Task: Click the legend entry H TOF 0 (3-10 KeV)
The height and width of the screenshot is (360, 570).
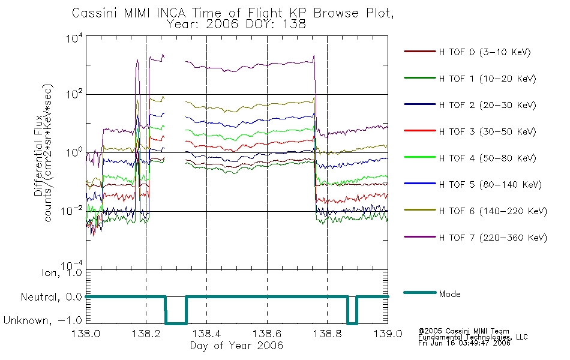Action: point(485,52)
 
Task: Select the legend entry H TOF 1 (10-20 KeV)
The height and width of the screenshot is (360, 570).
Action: point(487,79)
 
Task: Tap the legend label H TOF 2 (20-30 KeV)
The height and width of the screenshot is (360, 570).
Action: point(487,105)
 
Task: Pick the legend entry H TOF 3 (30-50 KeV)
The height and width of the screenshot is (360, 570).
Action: point(487,131)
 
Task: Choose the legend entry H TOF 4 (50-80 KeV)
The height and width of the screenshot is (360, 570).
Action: point(487,158)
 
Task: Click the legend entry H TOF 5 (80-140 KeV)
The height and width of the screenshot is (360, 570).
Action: point(490,185)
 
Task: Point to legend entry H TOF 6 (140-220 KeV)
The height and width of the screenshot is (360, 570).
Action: point(493,211)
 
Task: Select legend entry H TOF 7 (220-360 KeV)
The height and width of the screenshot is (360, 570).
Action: point(493,238)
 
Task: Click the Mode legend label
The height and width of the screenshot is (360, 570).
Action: point(449,294)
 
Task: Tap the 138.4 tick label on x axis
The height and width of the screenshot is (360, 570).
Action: point(207,334)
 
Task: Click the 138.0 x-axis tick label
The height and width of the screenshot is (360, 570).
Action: point(86,334)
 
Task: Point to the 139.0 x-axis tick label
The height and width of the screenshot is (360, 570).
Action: point(388,334)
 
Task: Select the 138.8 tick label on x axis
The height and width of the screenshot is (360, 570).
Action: point(327,334)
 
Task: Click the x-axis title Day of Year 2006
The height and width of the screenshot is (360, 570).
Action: point(236,346)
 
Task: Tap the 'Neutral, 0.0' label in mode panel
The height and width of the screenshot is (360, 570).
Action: point(51,297)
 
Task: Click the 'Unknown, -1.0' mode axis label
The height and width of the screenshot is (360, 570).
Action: point(43,320)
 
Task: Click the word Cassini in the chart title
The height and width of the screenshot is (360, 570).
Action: point(95,13)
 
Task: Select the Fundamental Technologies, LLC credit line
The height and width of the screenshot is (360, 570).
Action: point(473,337)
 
